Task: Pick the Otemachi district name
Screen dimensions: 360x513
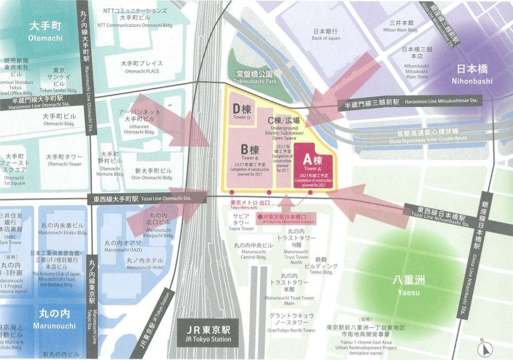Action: click(x=46, y=31)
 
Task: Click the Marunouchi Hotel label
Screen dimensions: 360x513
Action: click(x=145, y=264)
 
